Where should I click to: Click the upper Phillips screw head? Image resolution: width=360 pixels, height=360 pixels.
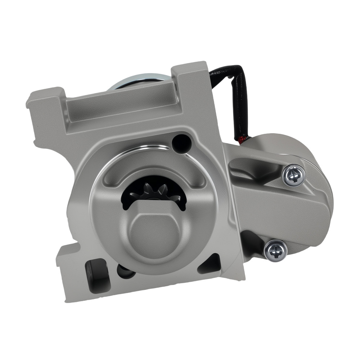click(294, 175)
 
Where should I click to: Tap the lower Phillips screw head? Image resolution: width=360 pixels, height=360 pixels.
click(275, 250)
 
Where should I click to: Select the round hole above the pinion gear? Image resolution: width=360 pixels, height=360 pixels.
click(181, 143)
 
